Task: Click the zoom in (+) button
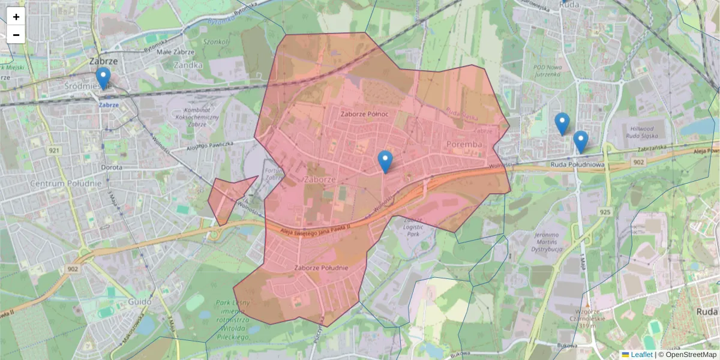click(16, 17)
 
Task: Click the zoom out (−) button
click(16, 35)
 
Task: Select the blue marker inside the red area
click(385, 161)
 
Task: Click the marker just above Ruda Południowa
click(580, 142)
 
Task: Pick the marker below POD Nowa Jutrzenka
click(562, 124)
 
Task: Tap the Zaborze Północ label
click(364, 114)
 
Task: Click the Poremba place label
click(464, 145)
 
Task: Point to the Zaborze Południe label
click(322, 267)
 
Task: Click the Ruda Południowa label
click(577, 164)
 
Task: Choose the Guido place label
click(140, 302)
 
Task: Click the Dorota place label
click(112, 167)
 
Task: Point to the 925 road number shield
click(604, 212)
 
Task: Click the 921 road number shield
click(55, 150)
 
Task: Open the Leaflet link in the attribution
click(641, 355)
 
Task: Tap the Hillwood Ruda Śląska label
click(648, 132)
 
